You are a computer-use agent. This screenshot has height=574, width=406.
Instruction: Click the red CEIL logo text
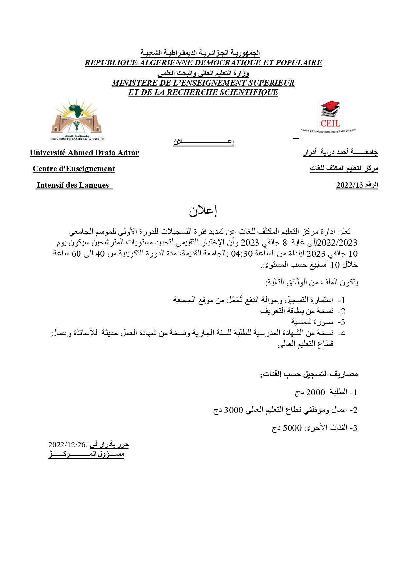pyautogui.click(x=330, y=124)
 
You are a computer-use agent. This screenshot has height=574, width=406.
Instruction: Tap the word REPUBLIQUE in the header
pyautogui.click(x=111, y=63)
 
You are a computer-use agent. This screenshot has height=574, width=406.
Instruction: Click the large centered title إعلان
pyautogui.click(x=203, y=211)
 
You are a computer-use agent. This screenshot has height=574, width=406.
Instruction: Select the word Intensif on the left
pyautogui.click(x=50, y=185)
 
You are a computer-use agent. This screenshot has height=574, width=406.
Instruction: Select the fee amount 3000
pyautogui.click(x=234, y=410)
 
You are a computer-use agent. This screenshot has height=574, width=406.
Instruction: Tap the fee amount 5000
pyautogui.click(x=292, y=428)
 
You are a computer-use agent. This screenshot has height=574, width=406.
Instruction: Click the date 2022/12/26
pyautogui.click(x=67, y=445)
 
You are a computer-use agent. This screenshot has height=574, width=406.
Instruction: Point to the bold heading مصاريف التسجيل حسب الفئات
pyautogui.click(x=309, y=374)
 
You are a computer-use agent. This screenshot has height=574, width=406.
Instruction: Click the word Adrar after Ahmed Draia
pyautogui.click(x=128, y=153)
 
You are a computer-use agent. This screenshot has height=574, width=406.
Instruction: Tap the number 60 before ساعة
pyautogui.click(x=76, y=254)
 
